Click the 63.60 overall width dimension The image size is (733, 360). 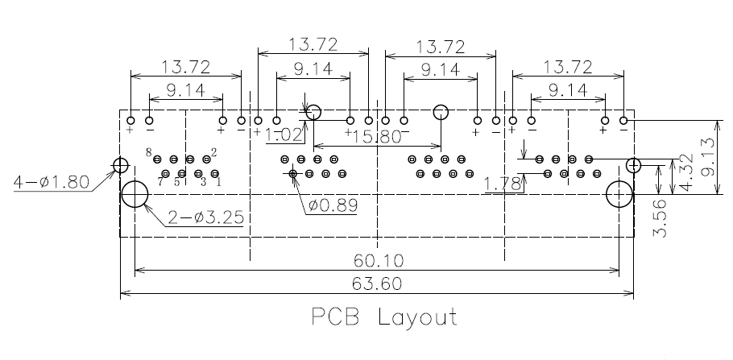[x=377, y=285]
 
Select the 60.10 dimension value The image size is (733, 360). [x=377, y=260]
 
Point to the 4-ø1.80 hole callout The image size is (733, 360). [x=51, y=183]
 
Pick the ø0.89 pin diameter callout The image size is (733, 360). [x=333, y=205]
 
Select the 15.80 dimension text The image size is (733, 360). [x=378, y=137]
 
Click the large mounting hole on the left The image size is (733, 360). [x=135, y=194]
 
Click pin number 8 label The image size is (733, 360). [x=149, y=151]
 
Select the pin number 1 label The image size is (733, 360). [x=219, y=182]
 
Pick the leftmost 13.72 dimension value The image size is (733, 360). [x=186, y=66]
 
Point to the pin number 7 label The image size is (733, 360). [x=160, y=182]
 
